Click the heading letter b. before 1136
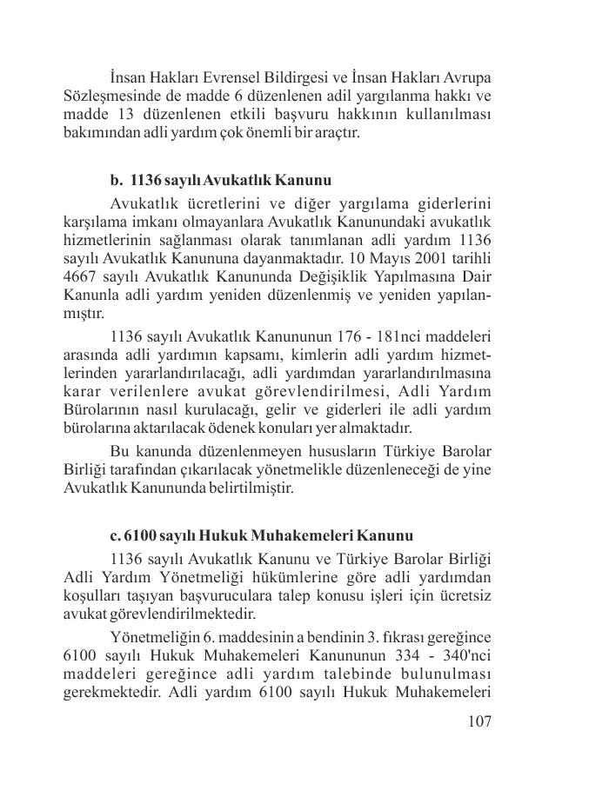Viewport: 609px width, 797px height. [117, 182]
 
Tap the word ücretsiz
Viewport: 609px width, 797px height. [462, 596]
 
